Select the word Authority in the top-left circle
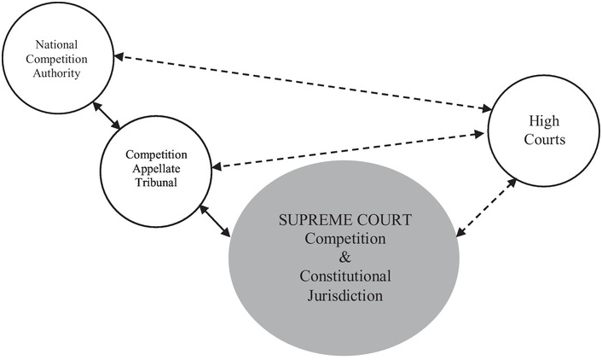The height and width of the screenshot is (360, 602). pyautogui.click(x=60, y=73)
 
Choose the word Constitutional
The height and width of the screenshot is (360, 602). pyautogui.click(x=345, y=276)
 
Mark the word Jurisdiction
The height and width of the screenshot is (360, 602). pyautogui.click(x=345, y=296)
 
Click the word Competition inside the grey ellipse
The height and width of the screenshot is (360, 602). pyautogui.click(x=345, y=239)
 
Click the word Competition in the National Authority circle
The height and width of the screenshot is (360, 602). pyautogui.click(x=60, y=59)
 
